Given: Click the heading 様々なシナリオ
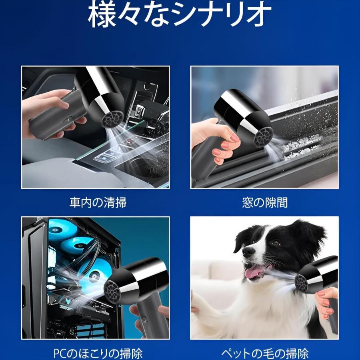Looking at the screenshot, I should [180, 15].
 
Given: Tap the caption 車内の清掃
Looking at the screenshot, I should [98, 202].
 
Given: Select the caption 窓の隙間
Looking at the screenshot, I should [265, 202].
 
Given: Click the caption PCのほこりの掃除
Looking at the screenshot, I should [98, 354].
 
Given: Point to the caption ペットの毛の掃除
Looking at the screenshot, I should [265, 354].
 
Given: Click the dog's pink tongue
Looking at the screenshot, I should [252, 272].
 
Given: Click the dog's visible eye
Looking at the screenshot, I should [276, 243].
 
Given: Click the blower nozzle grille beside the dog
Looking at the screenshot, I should [301, 283].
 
